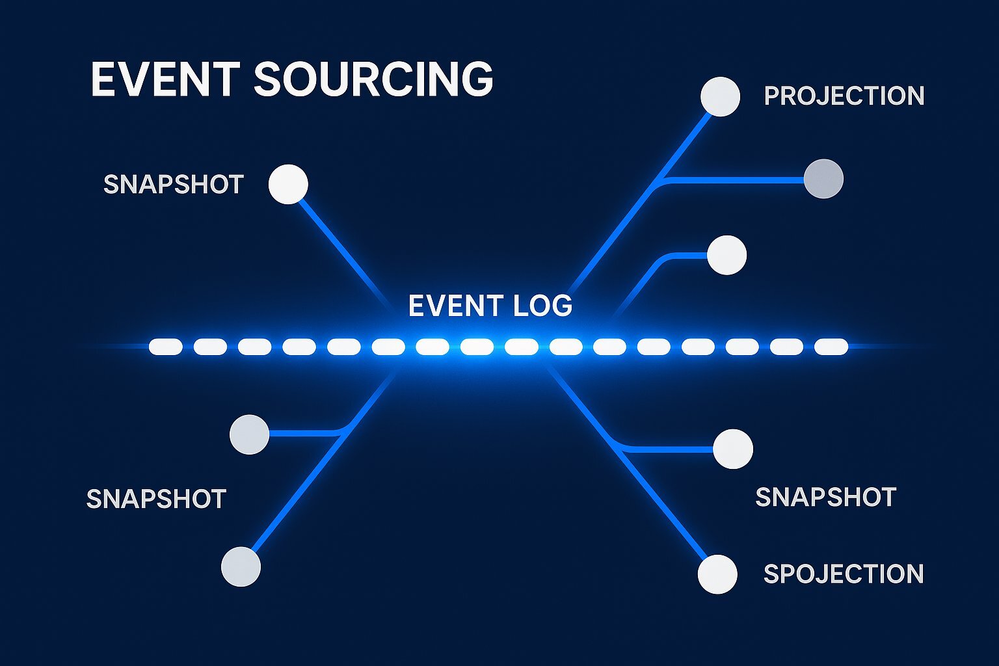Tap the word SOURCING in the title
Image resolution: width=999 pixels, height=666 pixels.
coord(373,79)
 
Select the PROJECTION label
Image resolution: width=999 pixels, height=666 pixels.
coord(844,96)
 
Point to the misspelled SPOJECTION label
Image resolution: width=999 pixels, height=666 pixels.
coord(843,574)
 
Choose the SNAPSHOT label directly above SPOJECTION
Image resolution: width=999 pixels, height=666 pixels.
coord(825,498)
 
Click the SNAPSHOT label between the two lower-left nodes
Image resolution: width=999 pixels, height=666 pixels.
coord(156,499)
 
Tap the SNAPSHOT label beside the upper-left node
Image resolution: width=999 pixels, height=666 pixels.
coord(173,185)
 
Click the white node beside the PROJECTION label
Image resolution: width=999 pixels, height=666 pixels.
coord(720,97)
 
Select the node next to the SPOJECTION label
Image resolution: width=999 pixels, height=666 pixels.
coord(717,574)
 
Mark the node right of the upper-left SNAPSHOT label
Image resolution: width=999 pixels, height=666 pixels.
coord(288,184)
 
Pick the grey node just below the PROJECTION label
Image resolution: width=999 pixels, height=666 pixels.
coord(823,179)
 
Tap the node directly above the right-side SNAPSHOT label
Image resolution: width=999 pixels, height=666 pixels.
coord(733,449)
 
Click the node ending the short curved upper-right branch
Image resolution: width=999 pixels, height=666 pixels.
coord(726,255)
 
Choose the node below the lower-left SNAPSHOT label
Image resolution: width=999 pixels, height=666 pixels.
coord(241,566)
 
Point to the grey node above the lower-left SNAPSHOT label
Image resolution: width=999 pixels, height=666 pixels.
coord(250,434)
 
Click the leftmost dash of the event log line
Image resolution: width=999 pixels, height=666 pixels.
coord(166,347)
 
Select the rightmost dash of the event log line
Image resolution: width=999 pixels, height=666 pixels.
coord(831,347)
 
